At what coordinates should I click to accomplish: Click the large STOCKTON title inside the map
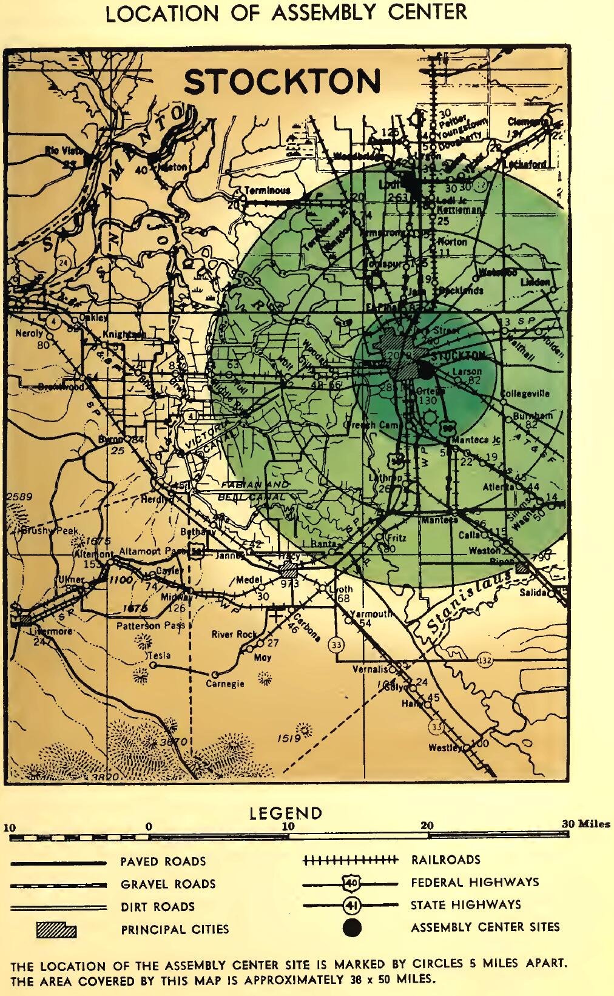tap(283, 82)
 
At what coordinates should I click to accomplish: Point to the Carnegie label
tap(224, 684)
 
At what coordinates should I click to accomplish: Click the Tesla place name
tap(160, 655)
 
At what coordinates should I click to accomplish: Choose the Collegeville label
tap(525, 394)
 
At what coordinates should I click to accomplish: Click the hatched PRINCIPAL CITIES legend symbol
tap(56, 930)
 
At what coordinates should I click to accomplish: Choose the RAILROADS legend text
tap(445, 860)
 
